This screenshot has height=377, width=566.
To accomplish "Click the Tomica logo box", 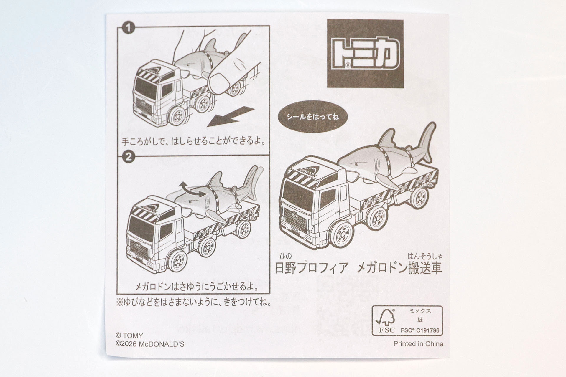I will tap(365, 54).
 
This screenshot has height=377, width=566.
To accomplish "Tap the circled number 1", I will tap(129, 29).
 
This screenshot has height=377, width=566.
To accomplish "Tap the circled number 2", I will tap(129, 157).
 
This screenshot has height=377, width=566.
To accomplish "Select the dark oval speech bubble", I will tap(313, 117).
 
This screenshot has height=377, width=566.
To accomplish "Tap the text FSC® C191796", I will tap(420, 330).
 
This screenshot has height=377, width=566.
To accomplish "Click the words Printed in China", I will tap(418, 344).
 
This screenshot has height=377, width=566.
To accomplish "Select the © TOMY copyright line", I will tap(129, 335).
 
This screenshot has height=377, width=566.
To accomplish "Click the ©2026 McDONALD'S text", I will tap(150, 344).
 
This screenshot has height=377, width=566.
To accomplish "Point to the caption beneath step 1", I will tap(193, 142).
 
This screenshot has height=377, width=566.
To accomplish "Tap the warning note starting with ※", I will tap(194, 302).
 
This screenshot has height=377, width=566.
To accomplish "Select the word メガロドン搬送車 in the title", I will tap(399, 268).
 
